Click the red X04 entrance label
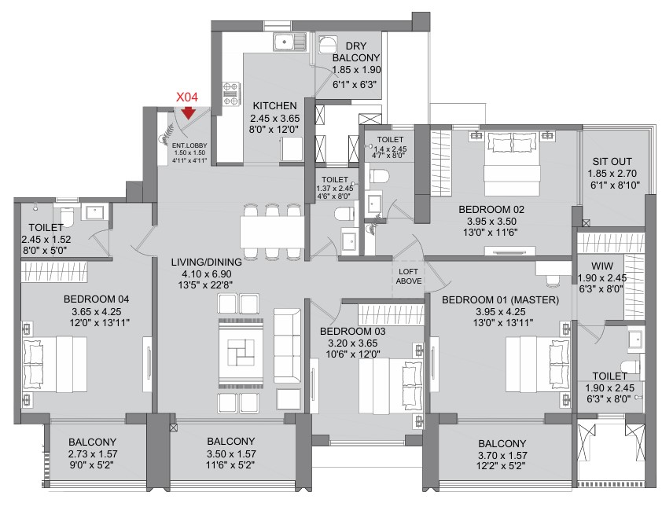(x=186, y=97)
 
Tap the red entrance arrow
(x=188, y=112)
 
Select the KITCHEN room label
(x=275, y=105)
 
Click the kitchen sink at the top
(x=289, y=42)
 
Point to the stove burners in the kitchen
(x=231, y=94)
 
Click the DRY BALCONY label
(x=356, y=52)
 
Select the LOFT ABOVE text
(x=408, y=277)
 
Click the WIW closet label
(x=602, y=266)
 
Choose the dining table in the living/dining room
(x=272, y=232)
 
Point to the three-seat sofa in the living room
(x=288, y=346)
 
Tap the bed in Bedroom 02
(x=513, y=163)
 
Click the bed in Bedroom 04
(x=55, y=364)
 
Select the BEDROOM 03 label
(x=352, y=332)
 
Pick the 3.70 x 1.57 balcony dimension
(x=502, y=455)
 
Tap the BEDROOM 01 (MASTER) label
(x=500, y=300)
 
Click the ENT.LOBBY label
(x=189, y=146)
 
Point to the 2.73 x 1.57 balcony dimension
(x=93, y=454)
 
